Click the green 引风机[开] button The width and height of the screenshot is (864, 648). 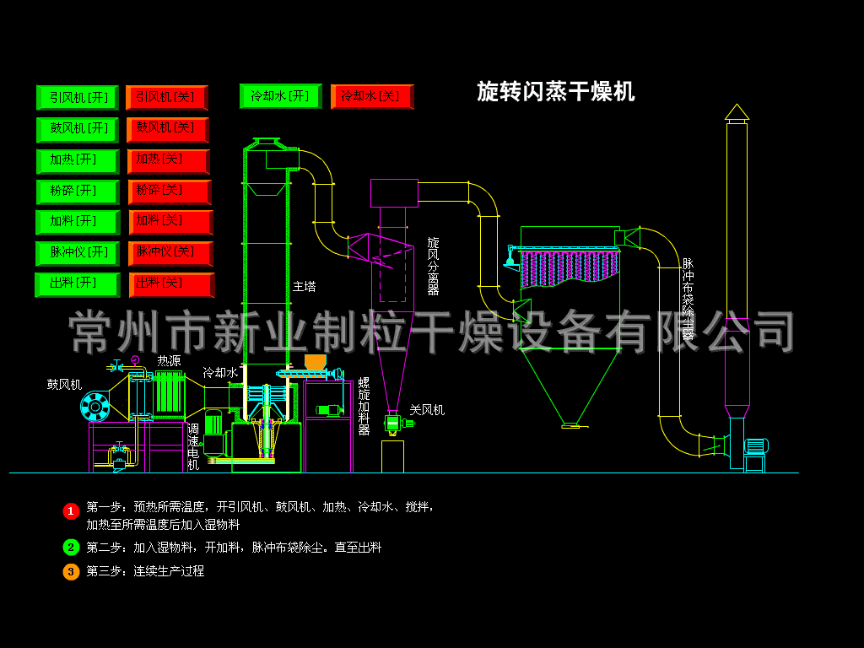coord(78,97)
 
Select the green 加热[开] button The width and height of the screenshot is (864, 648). coord(78,160)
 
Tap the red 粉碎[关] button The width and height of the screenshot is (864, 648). coord(169,192)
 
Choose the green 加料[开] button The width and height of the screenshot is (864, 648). coord(78,222)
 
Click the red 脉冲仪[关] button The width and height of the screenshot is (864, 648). coord(170,253)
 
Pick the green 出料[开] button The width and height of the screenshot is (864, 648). coord(78,283)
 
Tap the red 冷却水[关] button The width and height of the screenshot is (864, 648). coord(371,96)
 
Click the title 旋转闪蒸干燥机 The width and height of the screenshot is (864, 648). coord(555,91)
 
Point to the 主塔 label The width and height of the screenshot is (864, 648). coord(304,287)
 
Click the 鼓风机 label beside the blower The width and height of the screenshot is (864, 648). coord(64,384)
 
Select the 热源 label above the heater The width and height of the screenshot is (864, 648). coord(169,360)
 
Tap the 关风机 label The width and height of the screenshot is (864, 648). coord(427,410)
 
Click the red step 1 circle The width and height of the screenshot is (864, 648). coord(71,510)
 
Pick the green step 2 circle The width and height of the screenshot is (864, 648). coord(71,547)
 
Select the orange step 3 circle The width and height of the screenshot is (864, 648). coord(71,571)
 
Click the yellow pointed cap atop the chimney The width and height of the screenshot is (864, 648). coord(737,111)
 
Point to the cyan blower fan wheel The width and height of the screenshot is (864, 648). coord(94,408)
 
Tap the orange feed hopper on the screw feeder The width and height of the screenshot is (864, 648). coord(315,361)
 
